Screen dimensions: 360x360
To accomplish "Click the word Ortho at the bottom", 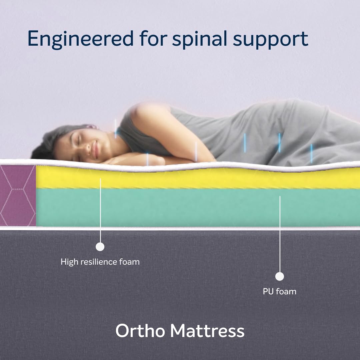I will [x=140, y=331].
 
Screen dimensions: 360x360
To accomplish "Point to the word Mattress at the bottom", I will [x=207, y=331].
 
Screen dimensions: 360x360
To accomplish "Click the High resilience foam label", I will [x=100, y=262].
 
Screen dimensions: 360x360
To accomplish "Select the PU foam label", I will [x=279, y=292].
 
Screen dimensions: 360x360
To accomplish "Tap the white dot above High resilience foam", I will [x=100, y=247].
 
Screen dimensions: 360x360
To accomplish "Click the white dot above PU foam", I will [x=280, y=276].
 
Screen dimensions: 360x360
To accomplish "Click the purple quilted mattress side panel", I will [x=17, y=195].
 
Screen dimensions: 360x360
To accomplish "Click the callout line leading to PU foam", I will [x=280, y=233].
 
